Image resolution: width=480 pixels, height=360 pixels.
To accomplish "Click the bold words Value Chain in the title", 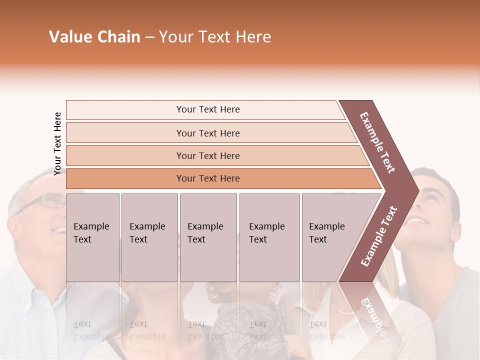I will tap(94, 37).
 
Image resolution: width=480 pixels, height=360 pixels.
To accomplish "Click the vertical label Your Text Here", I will tap(57, 143).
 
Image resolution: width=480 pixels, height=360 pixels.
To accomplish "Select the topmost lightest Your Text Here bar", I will tap(208, 109).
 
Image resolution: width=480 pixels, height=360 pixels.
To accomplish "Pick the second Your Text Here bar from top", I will tap(208, 133).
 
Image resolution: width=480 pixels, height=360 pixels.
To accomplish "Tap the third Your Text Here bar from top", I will tap(208, 155).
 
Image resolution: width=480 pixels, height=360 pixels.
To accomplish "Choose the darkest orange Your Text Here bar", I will tap(208, 178).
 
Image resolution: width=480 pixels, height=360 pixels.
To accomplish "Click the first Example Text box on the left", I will tap(92, 237).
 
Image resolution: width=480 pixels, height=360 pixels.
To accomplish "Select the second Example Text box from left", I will tap(149, 237).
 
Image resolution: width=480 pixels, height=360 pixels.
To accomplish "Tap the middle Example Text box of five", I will tap(208, 237).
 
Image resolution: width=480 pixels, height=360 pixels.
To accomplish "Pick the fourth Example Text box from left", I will tap(269, 237).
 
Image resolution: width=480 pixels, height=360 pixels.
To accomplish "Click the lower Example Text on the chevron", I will tap(378, 236).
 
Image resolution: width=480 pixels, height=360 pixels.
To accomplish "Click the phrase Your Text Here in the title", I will tap(215, 37).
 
